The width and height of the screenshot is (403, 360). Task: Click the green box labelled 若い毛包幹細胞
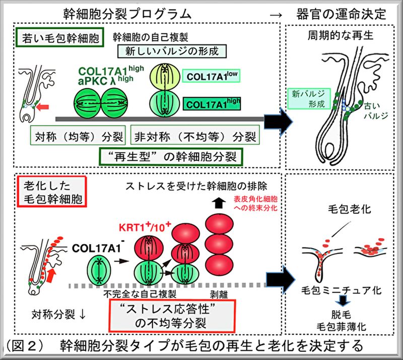60,37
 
